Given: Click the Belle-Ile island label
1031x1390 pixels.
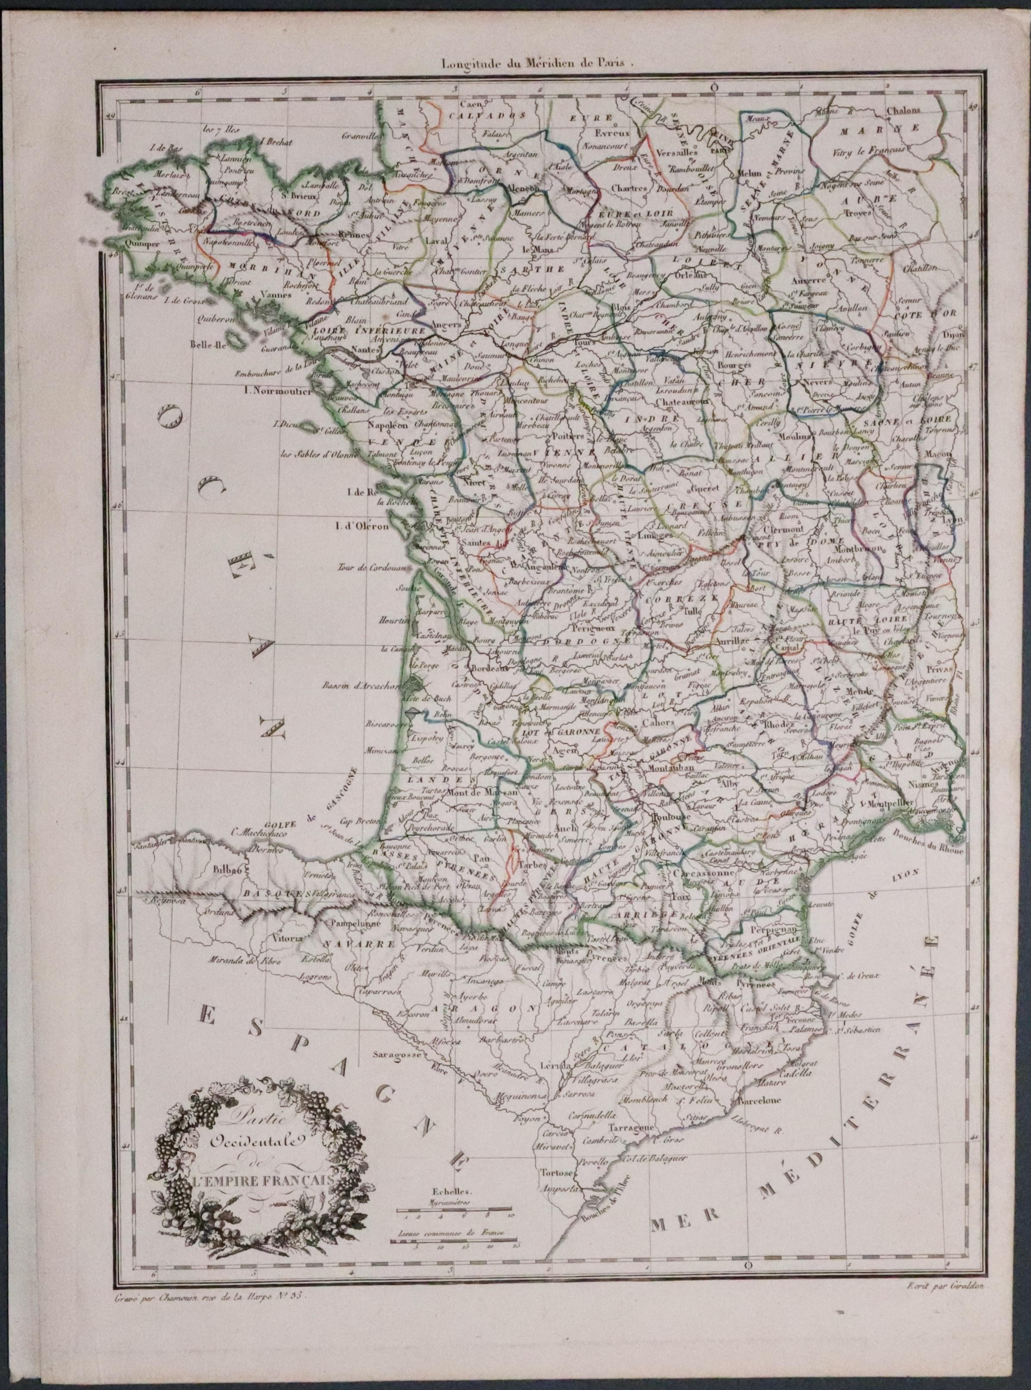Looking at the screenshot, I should [210, 343].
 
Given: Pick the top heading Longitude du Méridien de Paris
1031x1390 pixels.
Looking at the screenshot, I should [537, 63].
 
